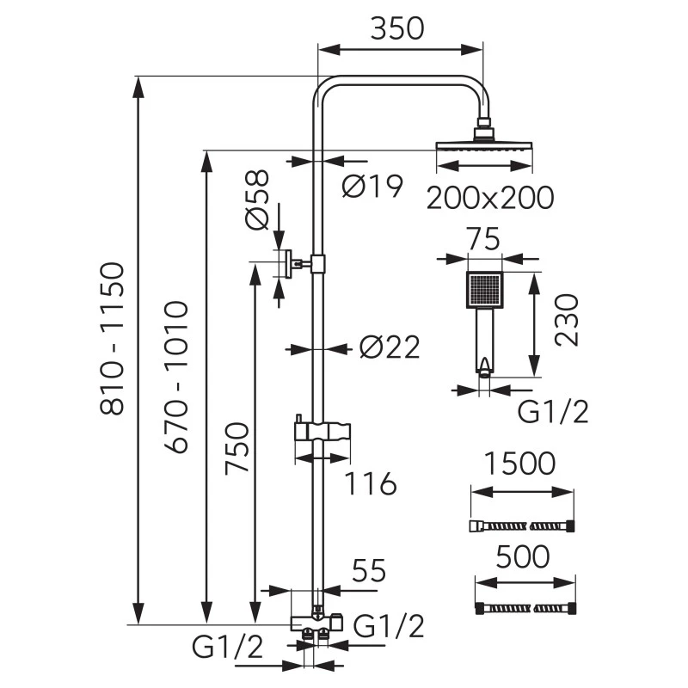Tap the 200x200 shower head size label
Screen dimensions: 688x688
[490, 198]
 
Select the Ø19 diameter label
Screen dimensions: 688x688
[372, 186]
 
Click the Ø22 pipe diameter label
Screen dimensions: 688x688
[389, 347]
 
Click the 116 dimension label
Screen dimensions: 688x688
[371, 484]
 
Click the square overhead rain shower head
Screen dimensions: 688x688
[484, 146]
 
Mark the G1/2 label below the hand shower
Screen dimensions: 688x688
[553, 413]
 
